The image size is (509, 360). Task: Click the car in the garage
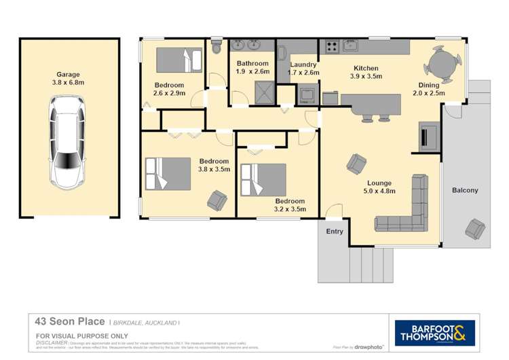point(68,142)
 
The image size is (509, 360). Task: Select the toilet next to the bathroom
point(216,47)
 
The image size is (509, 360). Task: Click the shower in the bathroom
point(261,92)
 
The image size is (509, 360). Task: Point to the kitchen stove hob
point(333,47)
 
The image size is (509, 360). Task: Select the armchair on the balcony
point(475,228)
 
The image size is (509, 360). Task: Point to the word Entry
point(335,232)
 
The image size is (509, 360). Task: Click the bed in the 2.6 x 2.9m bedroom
point(178,60)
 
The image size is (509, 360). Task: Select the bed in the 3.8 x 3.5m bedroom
point(167,173)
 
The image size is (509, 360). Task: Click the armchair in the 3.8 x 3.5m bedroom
point(217,200)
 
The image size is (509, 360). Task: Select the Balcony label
point(465,191)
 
